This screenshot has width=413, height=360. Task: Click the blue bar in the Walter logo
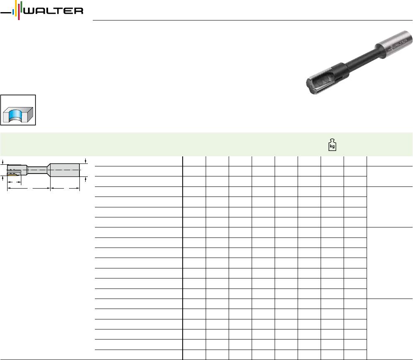point(13,12)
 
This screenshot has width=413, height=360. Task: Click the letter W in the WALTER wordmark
point(30,11)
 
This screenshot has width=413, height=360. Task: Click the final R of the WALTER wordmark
point(78,11)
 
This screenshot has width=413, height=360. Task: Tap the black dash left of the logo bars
point(6,13)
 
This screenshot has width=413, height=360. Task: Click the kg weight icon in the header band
point(332,145)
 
